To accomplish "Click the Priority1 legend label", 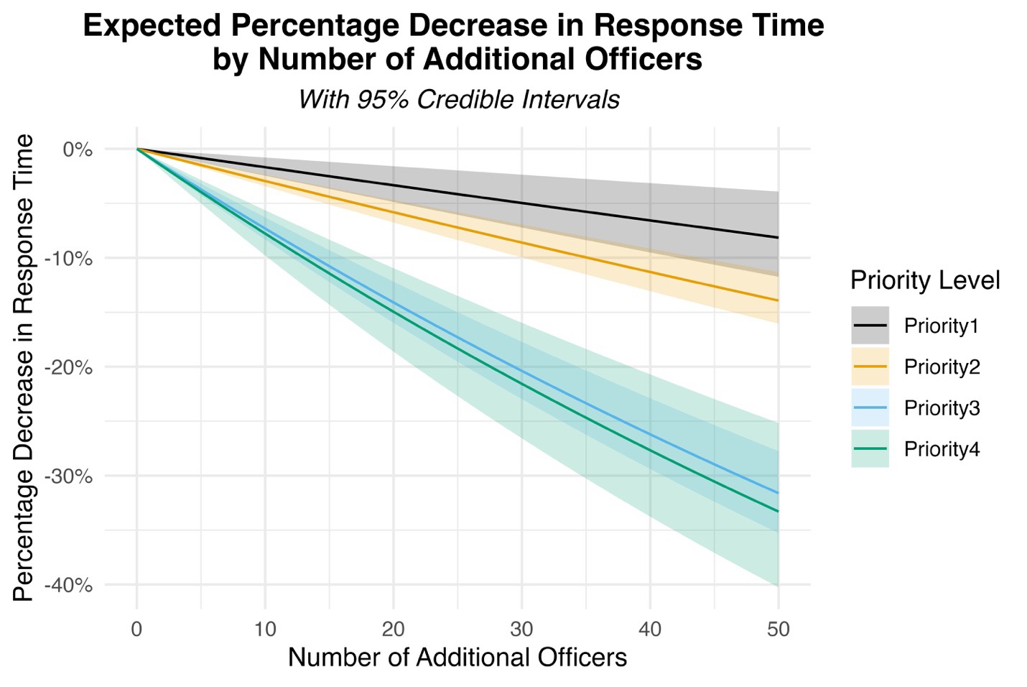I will [x=941, y=326].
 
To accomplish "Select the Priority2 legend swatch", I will [x=870, y=367].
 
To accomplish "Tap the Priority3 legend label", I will [x=942, y=408].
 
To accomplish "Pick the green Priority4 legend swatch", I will [x=870, y=449].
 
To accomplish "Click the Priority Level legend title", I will [x=924, y=280].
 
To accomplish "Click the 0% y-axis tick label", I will [x=78, y=149].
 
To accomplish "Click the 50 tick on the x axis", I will [x=778, y=630].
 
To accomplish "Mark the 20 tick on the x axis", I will [x=393, y=630].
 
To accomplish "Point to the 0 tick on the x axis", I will [x=136, y=630].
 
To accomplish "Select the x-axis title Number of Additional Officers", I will [x=457, y=658].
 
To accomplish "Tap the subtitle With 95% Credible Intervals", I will [x=458, y=99].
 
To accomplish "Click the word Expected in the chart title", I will [x=152, y=27].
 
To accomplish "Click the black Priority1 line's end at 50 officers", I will [x=778, y=238].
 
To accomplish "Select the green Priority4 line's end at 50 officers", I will [x=778, y=512].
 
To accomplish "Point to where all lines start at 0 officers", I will [x=137, y=149].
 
